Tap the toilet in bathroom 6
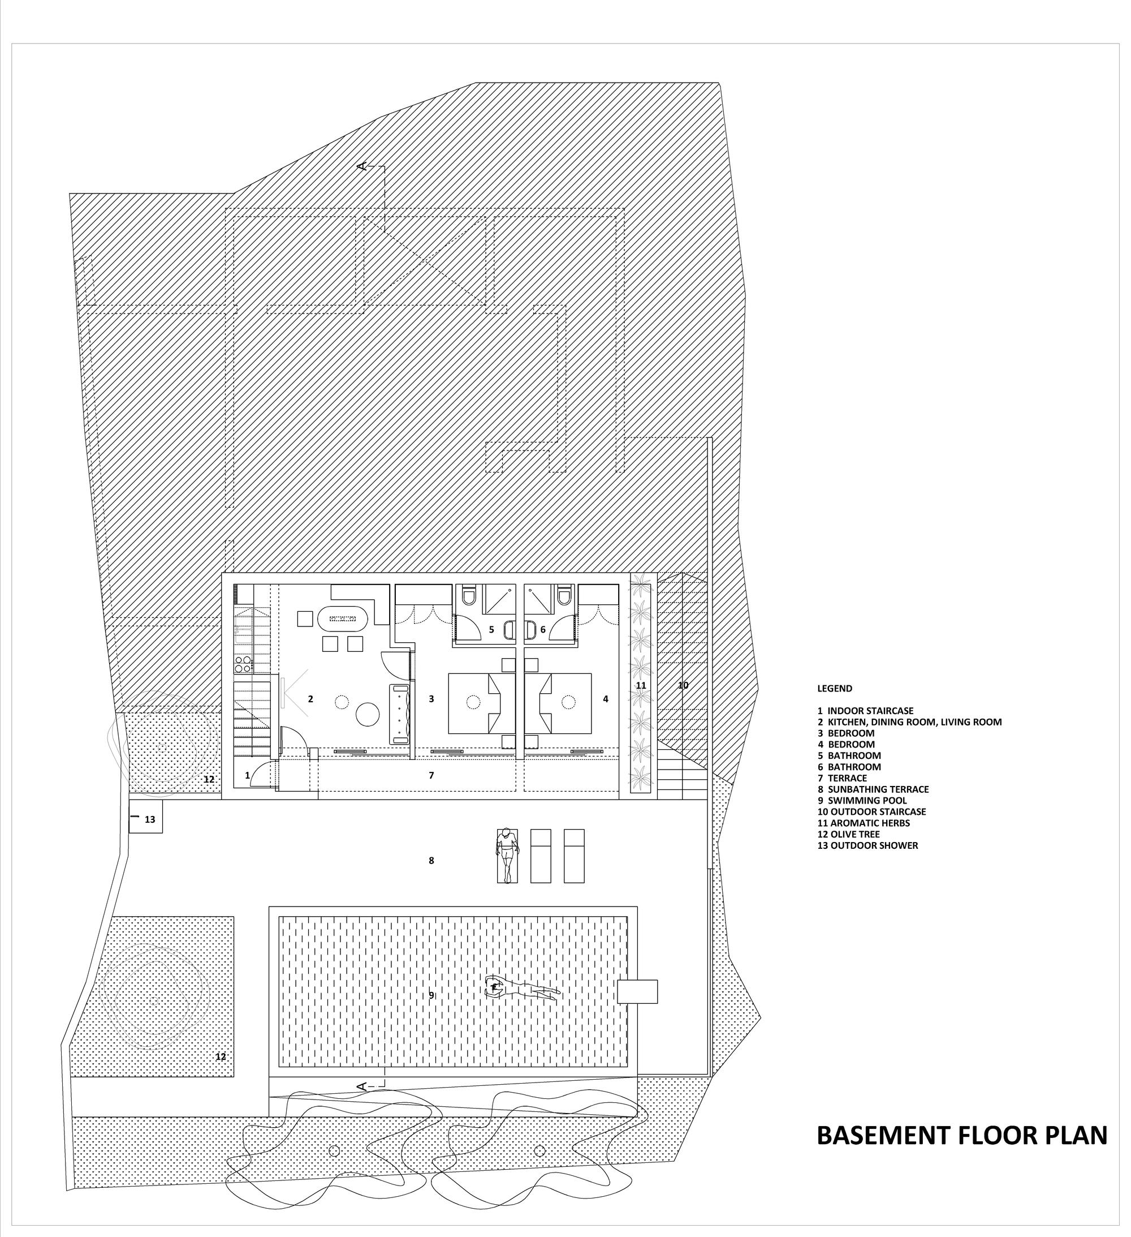click(x=564, y=595)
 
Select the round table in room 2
click(x=369, y=714)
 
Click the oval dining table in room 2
click(x=342, y=617)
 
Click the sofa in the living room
click(x=400, y=713)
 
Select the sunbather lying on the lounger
click(x=507, y=856)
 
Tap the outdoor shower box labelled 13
click(x=145, y=819)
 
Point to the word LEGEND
click(x=835, y=689)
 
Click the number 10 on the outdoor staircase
click(x=683, y=685)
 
